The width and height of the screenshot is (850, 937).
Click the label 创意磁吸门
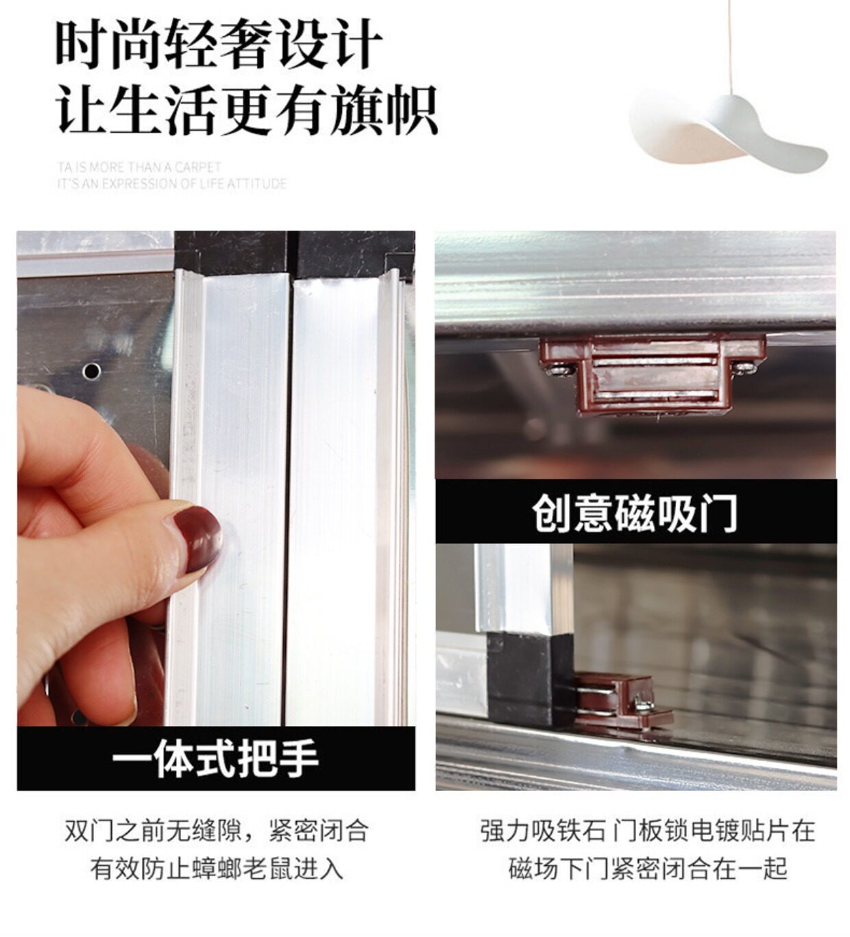[x=635, y=514]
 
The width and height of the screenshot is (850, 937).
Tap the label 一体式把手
[x=215, y=760]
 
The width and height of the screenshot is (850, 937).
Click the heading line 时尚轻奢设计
[x=219, y=45]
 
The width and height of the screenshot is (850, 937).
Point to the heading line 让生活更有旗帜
[x=246, y=110]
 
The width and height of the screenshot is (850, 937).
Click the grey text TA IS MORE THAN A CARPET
[x=139, y=166]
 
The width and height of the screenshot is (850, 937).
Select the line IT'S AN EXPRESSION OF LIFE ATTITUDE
[x=171, y=184]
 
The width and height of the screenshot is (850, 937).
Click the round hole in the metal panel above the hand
[x=92, y=371]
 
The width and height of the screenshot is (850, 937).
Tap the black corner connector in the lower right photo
[x=531, y=680]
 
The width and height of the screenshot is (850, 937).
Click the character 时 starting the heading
[x=82, y=45]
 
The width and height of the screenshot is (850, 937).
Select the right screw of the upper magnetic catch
[x=748, y=368]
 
